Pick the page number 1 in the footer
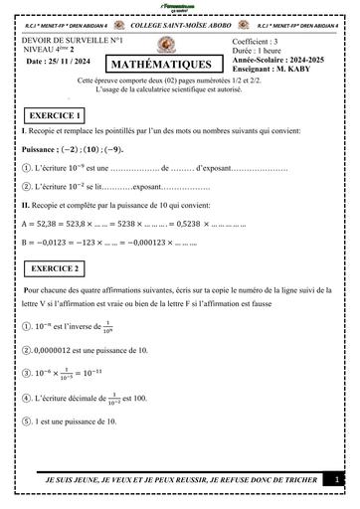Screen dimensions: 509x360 [x=339, y=480]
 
